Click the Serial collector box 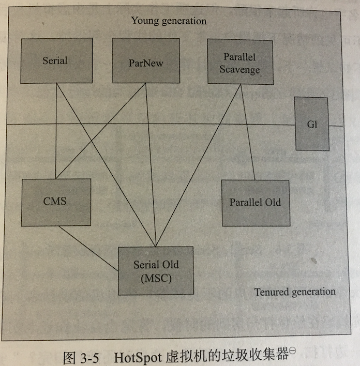tap(55, 61)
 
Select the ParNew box tap(146, 61)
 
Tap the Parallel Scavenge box tap(239, 62)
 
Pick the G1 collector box tap(311, 124)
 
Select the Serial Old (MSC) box tap(156, 271)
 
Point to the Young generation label tap(169, 21)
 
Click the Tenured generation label tap(294, 292)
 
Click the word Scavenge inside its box tap(239, 69)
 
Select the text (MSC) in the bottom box tap(156, 279)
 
